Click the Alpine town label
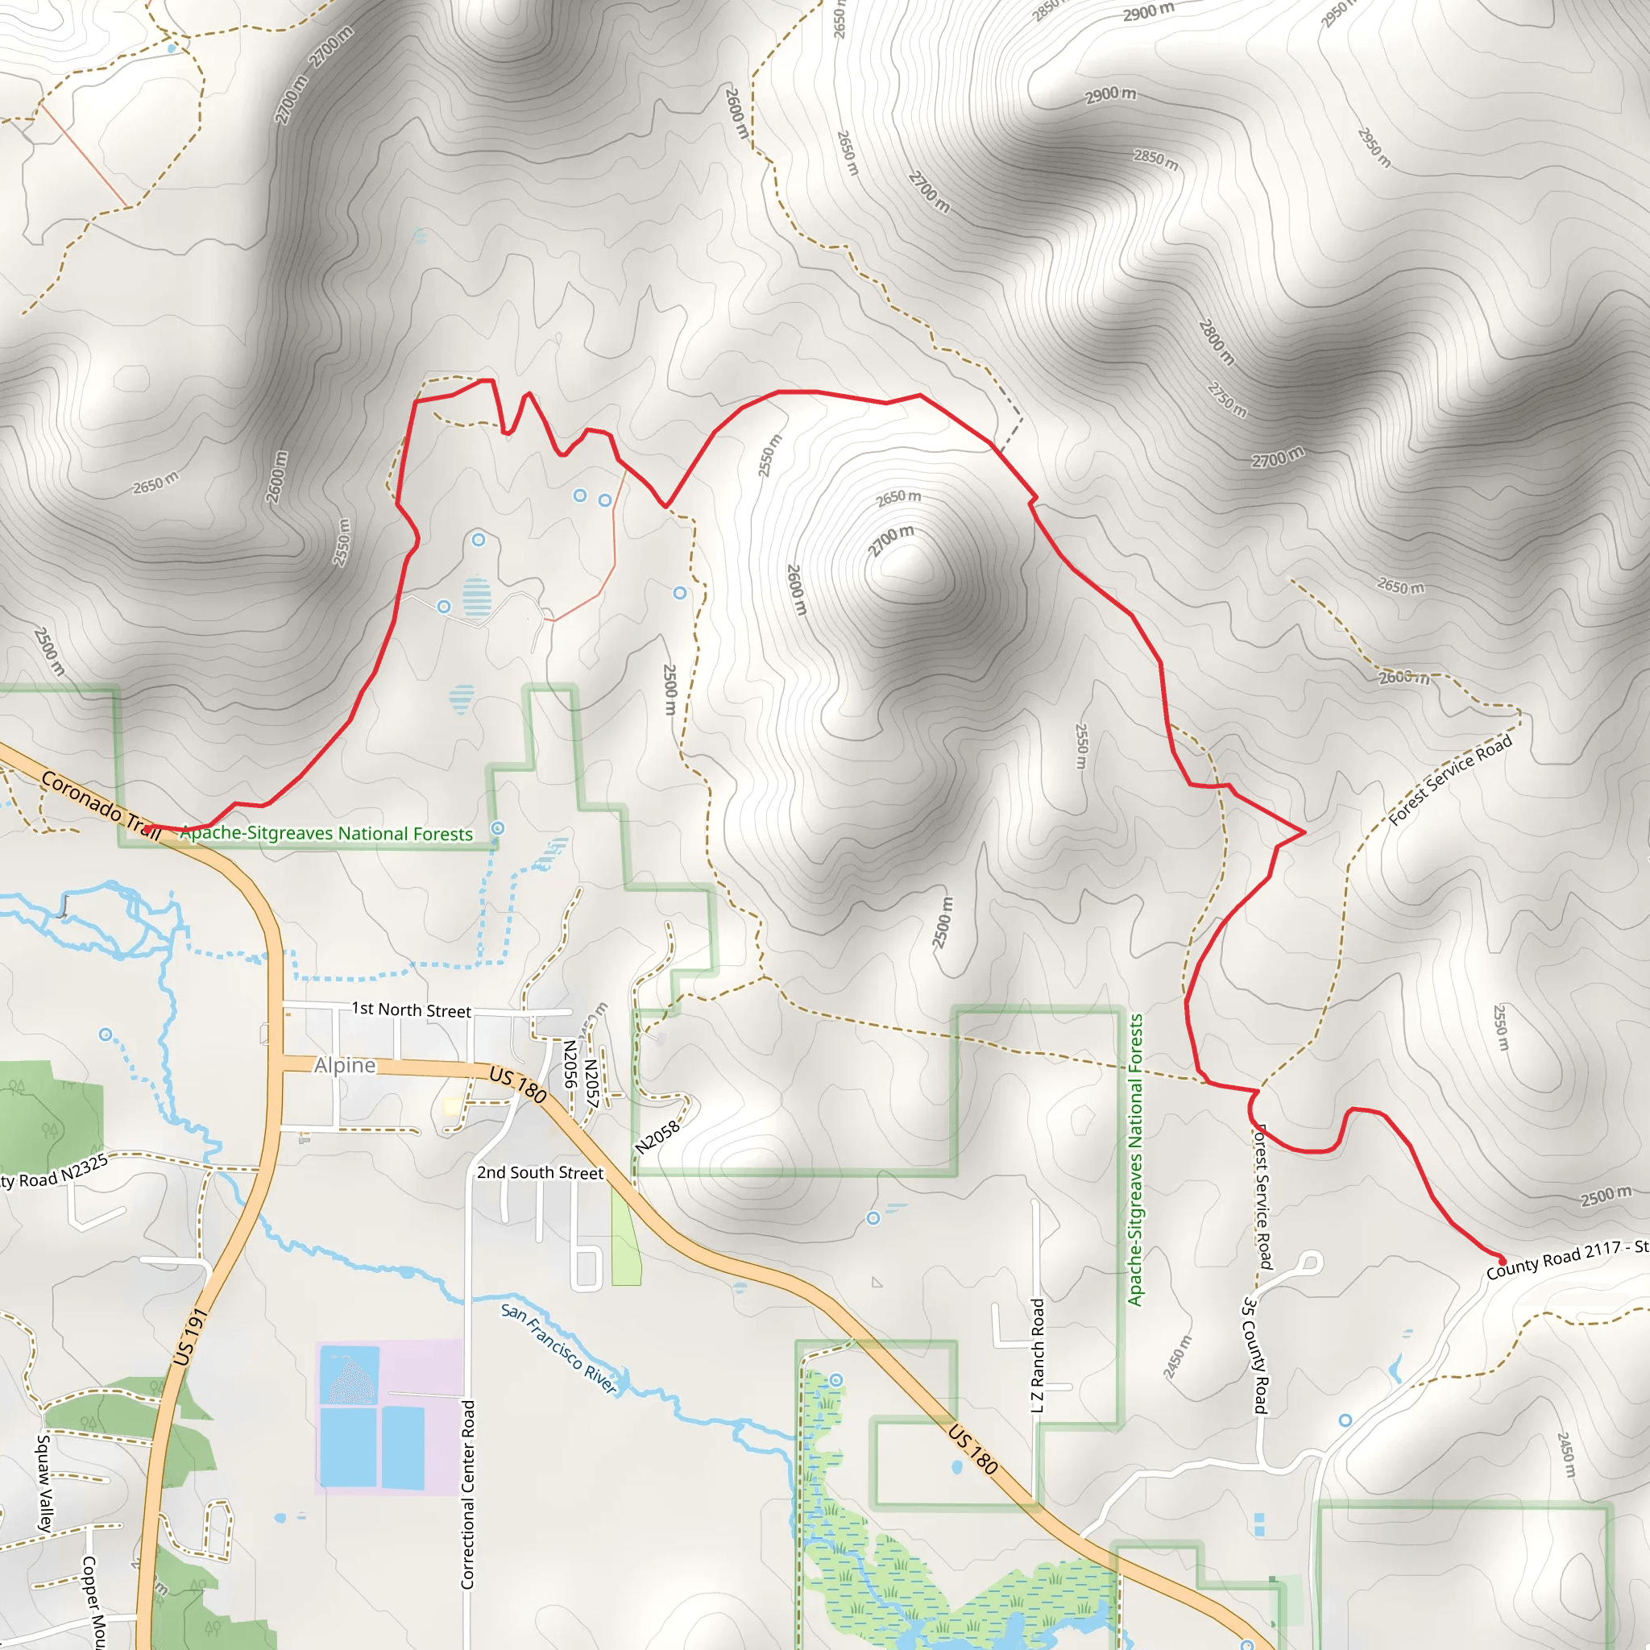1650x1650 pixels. click(344, 1065)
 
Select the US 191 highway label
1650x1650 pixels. click(189, 1337)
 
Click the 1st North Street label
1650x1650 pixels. click(411, 1009)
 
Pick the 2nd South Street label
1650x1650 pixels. click(540, 1172)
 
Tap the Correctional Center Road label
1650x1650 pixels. click(467, 1495)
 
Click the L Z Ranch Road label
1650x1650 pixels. click(1038, 1355)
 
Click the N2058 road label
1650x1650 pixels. click(657, 1137)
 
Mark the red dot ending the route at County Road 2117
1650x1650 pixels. click(1503, 1262)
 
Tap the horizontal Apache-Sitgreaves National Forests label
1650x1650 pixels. click(326, 834)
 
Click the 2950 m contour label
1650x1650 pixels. click(1374, 147)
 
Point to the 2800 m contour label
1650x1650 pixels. click(1216, 342)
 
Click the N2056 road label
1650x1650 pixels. click(570, 1063)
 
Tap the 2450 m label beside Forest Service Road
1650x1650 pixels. click(1176, 1356)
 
